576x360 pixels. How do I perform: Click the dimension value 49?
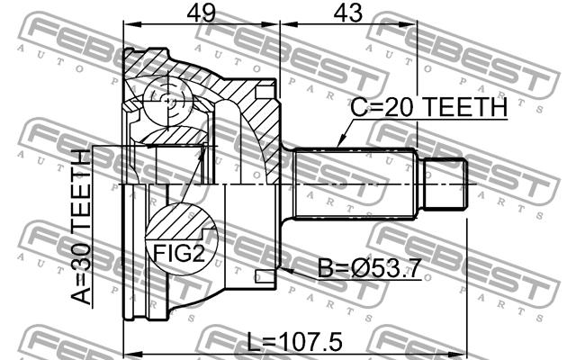tap(201, 13)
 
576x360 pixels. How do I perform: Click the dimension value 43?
tap(347, 13)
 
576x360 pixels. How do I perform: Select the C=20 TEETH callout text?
tap(428, 107)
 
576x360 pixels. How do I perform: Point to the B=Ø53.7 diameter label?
tap(369, 268)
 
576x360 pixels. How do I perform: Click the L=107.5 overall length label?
tap(294, 342)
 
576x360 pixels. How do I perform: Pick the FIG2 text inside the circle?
tap(178, 254)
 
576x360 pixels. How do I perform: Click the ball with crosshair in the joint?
tap(167, 100)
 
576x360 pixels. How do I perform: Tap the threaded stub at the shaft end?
tap(445, 184)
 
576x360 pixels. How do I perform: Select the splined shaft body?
tap(355, 184)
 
